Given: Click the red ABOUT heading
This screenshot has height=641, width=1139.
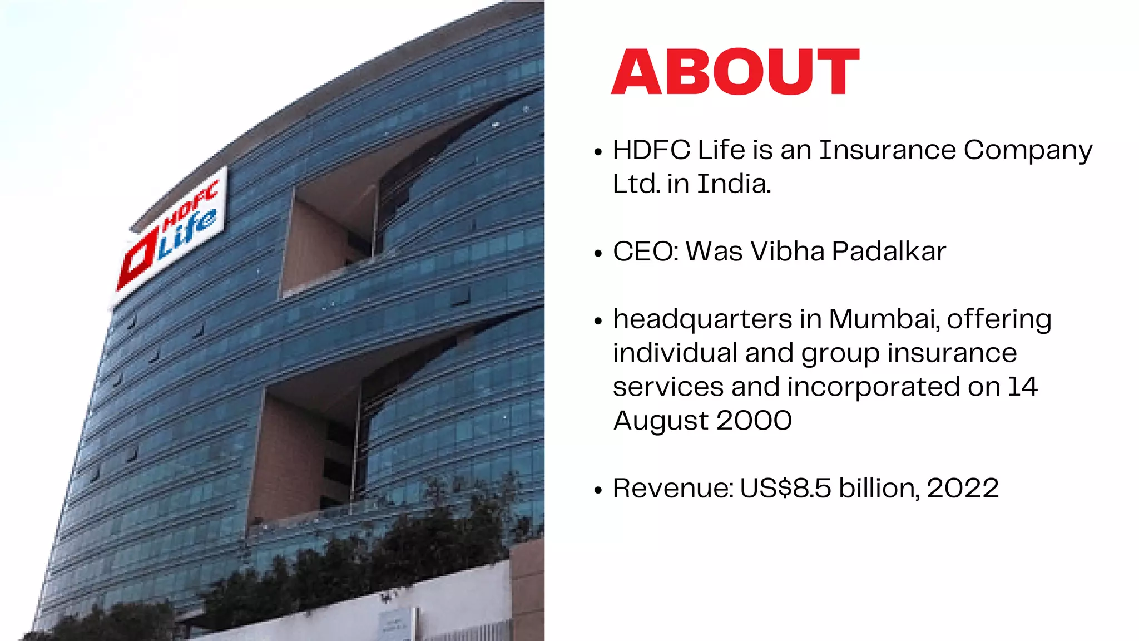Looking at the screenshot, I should coord(735,72).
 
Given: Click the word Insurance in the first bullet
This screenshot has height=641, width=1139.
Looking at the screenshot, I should coord(887,150).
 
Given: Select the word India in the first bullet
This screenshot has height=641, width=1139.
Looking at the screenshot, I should coord(734,184).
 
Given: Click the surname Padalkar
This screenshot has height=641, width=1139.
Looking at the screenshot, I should coord(889,252).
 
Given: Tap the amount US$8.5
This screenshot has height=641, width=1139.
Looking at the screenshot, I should coord(785,489).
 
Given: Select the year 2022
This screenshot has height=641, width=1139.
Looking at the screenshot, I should coord(963,489).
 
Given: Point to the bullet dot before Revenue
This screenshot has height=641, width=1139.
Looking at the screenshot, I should coord(598,490).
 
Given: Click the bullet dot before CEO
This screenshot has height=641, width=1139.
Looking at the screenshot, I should coord(598,253).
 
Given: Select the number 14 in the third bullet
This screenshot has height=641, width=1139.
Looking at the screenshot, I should coord(1022,387).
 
